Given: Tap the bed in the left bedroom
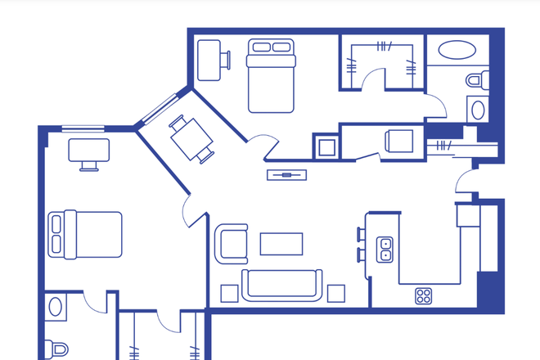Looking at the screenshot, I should pos(85,234).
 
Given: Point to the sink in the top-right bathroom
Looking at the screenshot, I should pos(477,110).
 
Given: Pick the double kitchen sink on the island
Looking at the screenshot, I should pos(385,249).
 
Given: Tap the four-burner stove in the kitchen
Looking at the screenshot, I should pos(424,295).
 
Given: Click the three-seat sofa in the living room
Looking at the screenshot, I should pos(282,284).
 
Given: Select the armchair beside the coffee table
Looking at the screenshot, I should pos(232,244).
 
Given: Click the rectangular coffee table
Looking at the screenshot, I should pos(281,244).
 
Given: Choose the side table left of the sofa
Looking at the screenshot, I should pos(229,292).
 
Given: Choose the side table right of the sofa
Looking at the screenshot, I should pos(335,292).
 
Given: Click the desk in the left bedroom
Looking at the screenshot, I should pos(89,151).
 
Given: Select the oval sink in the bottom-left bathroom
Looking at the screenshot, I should pos(56,308).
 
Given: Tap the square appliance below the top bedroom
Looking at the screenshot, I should pos(326,146).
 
